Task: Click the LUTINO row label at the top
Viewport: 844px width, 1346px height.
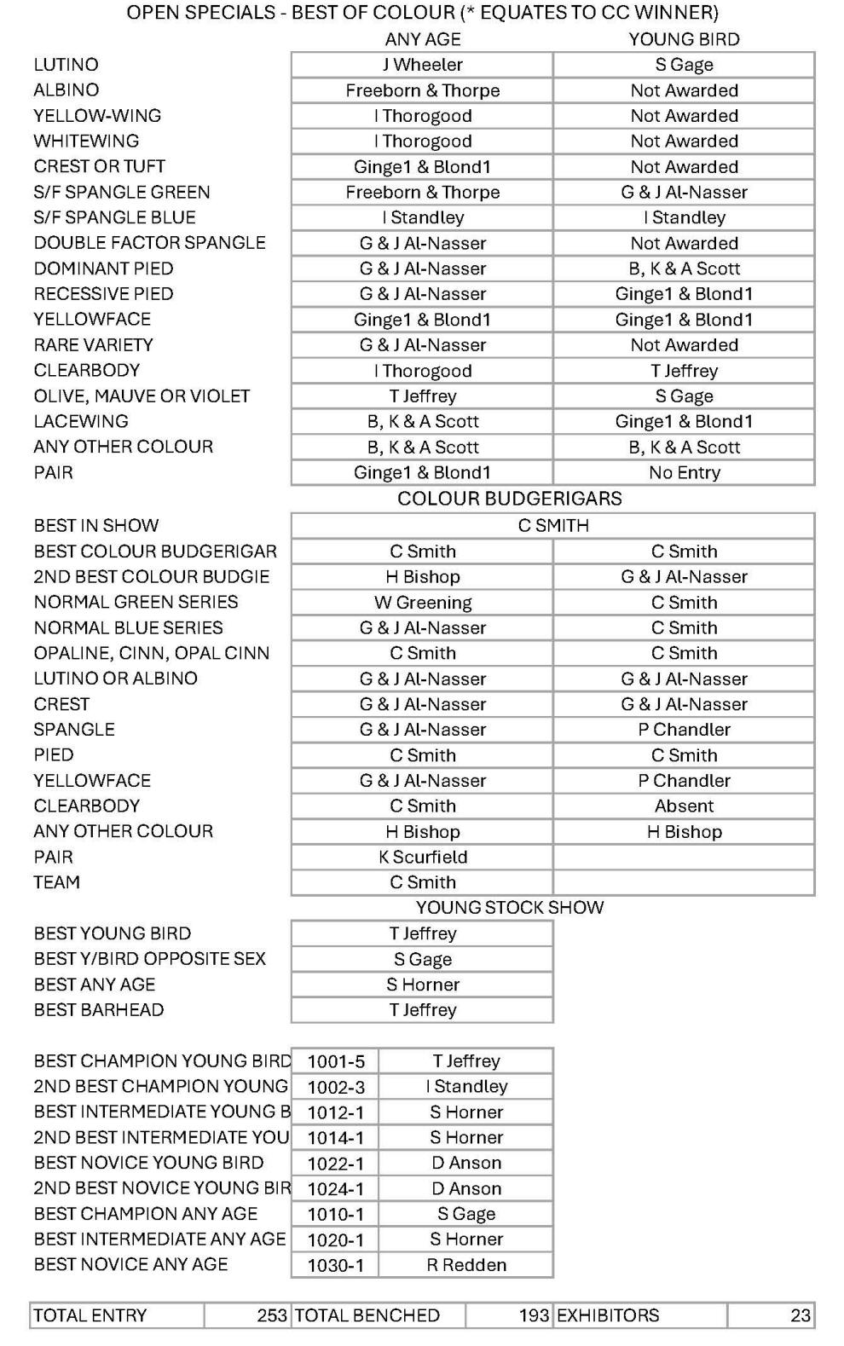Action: (66, 65)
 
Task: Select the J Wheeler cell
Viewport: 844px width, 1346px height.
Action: (422, 65)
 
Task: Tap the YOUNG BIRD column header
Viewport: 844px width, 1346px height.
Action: (684, 39)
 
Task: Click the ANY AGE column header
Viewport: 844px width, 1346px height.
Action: (422, 39)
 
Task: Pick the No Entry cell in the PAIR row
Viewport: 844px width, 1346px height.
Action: (684, 472)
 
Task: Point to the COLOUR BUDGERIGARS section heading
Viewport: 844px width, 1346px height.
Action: (509, 499)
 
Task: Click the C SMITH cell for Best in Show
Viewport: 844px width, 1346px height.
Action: (552, 525)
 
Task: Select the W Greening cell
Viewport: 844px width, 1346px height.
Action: (422, 603)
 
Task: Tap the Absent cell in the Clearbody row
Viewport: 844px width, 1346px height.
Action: (684, 806)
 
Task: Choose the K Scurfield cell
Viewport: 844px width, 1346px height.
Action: (422, 858)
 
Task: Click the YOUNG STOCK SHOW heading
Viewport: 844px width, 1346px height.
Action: (509, 907)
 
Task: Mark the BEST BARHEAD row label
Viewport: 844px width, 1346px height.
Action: (99, 1010)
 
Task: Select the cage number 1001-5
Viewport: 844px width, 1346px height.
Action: (335, 1061)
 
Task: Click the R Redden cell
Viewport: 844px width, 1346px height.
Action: (465, 1265)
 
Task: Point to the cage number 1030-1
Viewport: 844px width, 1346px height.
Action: (335, 1265)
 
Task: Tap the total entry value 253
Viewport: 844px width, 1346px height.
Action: (271, 1315)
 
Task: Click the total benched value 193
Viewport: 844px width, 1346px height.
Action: (533, 1315)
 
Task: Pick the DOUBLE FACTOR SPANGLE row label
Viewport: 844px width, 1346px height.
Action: (149, 243)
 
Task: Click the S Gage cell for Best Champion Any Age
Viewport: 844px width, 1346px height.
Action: (465, 1214)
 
